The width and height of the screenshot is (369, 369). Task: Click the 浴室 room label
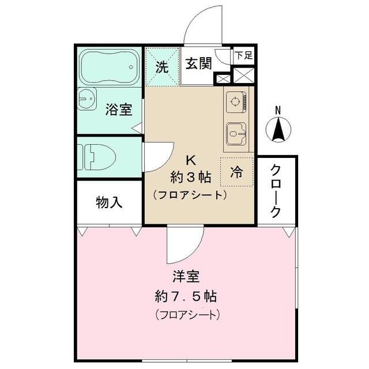(119, 110)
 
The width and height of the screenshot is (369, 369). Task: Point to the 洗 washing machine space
(162, 66)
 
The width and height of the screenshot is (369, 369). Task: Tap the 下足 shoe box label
(243, 55)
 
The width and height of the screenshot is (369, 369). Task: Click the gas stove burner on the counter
(236, 103)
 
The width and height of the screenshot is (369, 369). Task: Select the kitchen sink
(236, 134)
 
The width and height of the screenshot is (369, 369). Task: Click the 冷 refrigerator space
(236, 171)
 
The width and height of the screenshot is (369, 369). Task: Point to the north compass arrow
(278, 130)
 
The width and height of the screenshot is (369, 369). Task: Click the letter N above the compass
(278, 110)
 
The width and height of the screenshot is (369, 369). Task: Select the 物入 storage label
(109, 203)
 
